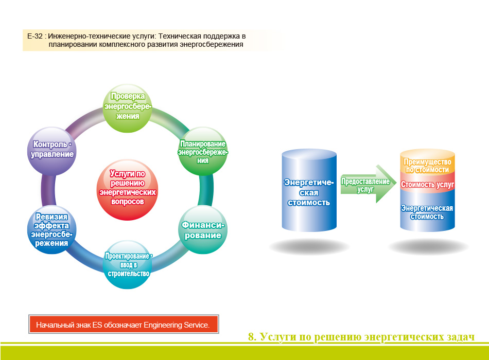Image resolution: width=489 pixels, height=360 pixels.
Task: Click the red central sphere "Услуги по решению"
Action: click(127, 189)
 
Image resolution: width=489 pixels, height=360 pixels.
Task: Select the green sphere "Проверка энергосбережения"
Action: click(127, 108)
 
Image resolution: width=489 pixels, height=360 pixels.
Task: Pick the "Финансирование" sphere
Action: click(203, 229)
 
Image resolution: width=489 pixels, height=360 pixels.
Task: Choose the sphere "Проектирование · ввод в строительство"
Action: click(127, 264)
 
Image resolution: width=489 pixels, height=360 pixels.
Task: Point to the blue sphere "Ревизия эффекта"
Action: click(52, 229)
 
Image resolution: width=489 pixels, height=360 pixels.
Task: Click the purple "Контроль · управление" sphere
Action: click(52, 151)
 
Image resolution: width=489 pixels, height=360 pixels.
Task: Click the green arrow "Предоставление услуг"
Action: click(368, 184)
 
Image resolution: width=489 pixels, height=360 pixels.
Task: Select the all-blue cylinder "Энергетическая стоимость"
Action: click(309, 190)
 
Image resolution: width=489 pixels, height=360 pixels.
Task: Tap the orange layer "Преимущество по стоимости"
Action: click(427, 161)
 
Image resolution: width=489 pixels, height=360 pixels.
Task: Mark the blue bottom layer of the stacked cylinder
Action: click(427, 211)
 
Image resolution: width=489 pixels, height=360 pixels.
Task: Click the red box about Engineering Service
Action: click(124, 324)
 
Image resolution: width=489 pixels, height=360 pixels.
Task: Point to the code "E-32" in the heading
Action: click(35, 36)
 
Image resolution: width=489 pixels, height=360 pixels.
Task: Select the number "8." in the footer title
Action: click(252, 337)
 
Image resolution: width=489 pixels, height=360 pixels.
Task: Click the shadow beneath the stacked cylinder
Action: click(428, 247)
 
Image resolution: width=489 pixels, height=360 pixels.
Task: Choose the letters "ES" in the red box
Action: click(97, 325)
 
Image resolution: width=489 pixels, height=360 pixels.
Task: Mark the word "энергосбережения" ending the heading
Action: click(212, 45)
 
